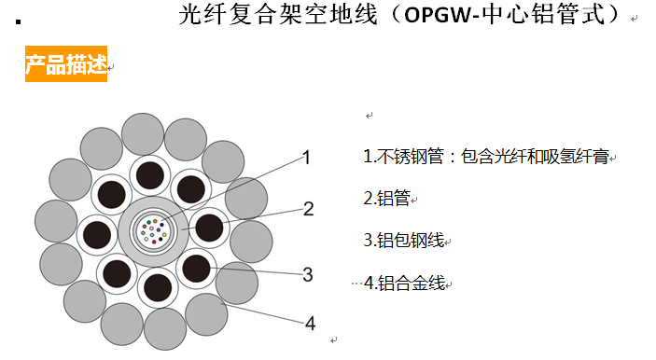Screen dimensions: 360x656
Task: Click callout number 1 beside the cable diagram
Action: point(305,158)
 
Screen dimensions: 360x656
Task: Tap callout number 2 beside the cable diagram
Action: point(308,209)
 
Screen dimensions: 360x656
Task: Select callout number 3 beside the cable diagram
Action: point(307,274)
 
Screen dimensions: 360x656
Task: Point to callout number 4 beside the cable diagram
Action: point(310,324)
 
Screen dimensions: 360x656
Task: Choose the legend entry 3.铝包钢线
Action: point(404,240)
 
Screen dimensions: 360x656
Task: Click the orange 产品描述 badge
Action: point(65,65)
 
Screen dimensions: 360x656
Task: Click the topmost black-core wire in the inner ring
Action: point(150,173)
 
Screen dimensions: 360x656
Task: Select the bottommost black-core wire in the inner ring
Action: point(157,285)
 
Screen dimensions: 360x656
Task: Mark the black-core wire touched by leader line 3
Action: point(196,269)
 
